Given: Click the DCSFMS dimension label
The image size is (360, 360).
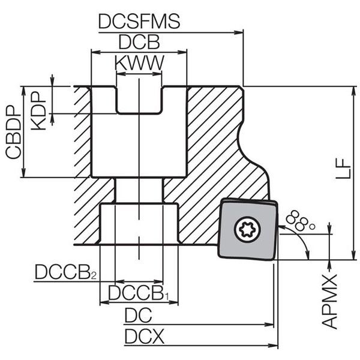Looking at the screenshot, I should click(x=139, y=22).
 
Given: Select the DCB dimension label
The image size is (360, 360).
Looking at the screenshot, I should click(x=139, y=43).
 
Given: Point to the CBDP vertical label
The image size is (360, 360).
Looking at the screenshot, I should click(x=13, y=131).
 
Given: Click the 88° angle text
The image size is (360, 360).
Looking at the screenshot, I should click(x=301, y=221).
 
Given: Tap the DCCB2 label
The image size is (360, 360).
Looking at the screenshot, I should click(x=65, y=272).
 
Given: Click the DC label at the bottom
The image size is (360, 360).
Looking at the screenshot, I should click(x=137, y=316).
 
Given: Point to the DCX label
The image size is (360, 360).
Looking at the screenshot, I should click(x=144, y=337).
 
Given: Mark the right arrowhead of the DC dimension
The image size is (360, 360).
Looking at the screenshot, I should click(x=271, y=325).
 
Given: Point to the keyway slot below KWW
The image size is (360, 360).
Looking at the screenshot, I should click(x=139, y=100).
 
